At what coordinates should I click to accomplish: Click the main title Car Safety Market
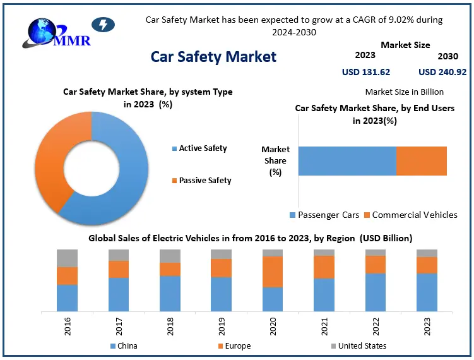(x=213, y=57)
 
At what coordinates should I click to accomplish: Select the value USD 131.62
(x=365, y=72)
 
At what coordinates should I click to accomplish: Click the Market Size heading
(x=405, y=45)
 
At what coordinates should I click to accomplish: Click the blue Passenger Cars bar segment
(x=347, y=161)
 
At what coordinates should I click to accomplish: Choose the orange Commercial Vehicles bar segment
(x=421, y=161)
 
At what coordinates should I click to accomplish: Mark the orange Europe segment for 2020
(x=273, y=272)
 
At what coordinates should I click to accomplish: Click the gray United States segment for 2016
(x=67, y=258)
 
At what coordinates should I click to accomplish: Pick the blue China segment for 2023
(x=427, y=292)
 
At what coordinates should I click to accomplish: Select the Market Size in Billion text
(x=404, y=92)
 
